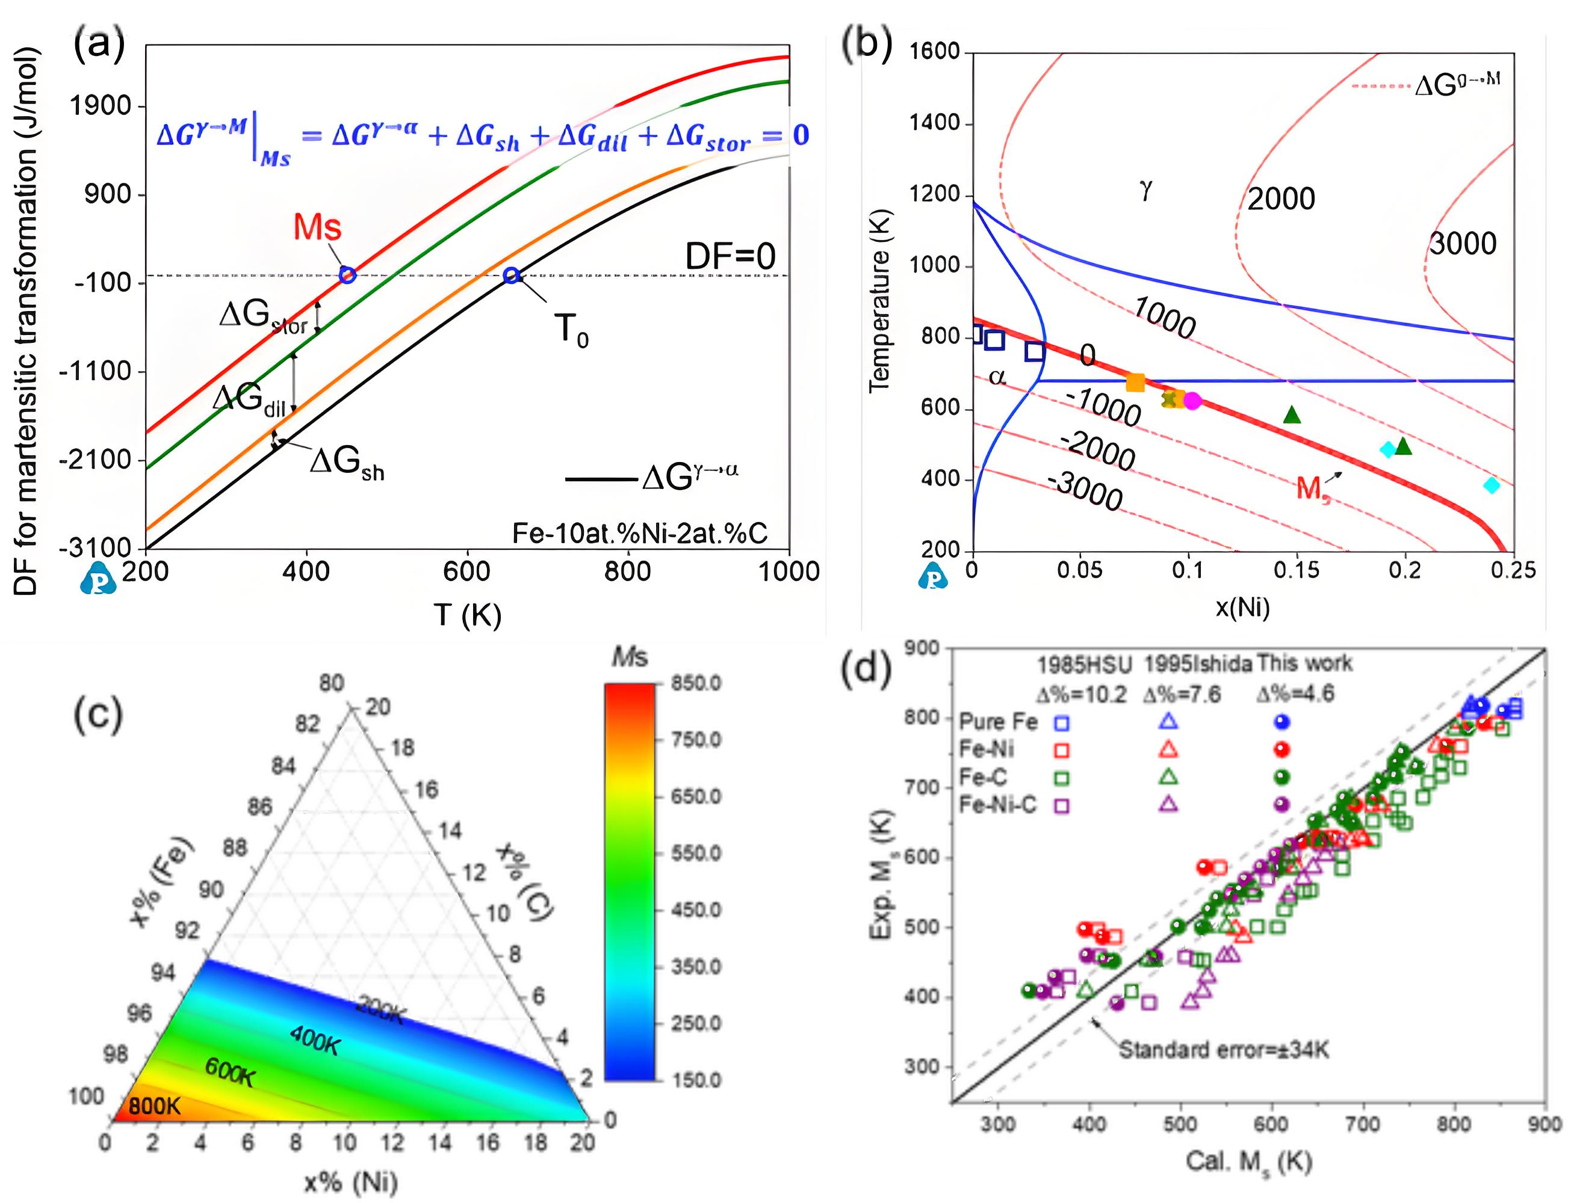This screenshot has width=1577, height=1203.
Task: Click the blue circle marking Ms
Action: pos(347,275)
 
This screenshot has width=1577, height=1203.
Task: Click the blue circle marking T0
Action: pos(511,275)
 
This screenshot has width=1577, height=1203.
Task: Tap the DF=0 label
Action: pos(730,256)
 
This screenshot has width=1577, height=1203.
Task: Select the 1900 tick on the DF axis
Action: pos(101,106)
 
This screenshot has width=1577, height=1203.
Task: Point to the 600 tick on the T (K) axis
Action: pos(467,571)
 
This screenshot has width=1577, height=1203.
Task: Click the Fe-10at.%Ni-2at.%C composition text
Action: pos(640,533)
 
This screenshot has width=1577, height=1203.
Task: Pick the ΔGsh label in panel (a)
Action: pos(347,462)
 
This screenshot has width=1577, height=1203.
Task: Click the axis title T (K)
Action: pos(467,614)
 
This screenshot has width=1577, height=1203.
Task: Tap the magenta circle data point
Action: pos(1192,401)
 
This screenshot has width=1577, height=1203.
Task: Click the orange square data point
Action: pos(1136,383)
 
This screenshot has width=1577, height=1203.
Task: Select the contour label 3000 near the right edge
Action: pos(1463,244)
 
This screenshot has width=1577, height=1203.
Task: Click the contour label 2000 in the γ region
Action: pos(1281,199)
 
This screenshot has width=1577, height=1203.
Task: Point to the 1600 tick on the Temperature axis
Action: pos(934,52)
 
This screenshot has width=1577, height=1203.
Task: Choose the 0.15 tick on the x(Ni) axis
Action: pos(1296,570)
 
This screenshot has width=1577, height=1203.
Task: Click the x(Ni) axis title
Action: pos(1242,608)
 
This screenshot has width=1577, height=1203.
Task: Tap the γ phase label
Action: pos(1145,189)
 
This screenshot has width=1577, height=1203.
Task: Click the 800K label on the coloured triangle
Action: pos(155,1106)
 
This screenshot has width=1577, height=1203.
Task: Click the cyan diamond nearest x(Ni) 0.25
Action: pos(1492,485)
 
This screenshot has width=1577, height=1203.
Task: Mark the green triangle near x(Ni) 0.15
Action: pos(1292,414)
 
